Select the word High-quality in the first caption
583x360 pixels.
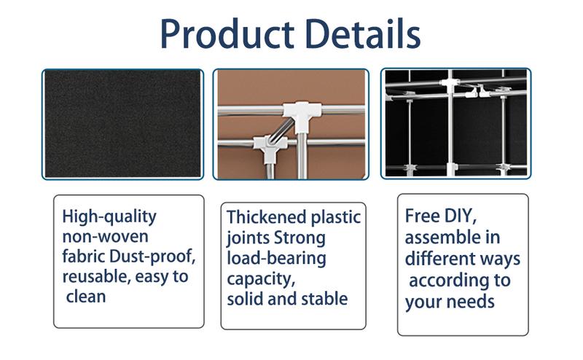tap(109, 217)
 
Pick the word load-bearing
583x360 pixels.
tap(276, 258)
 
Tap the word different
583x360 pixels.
tap(439, 259)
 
